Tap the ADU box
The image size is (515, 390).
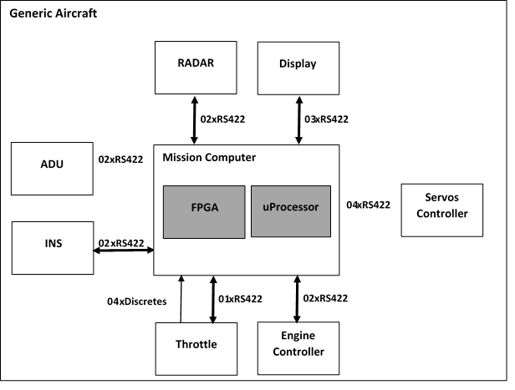(52, 168)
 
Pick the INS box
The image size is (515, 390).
(52, 247)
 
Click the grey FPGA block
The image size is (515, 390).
(204, 211)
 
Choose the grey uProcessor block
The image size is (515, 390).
(291, 211)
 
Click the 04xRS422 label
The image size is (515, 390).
(369, 205)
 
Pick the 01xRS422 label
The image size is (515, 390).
(243, 298)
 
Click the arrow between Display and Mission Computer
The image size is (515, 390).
(298, 119)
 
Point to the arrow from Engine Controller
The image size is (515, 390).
(298, 298)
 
